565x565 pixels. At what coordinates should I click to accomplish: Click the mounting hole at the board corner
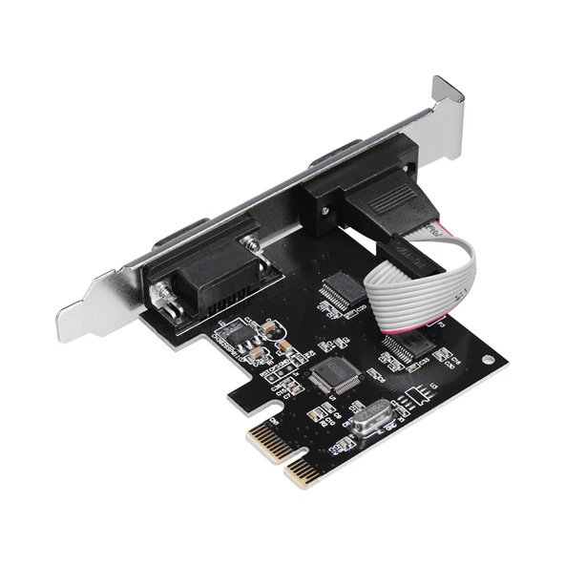490,362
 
